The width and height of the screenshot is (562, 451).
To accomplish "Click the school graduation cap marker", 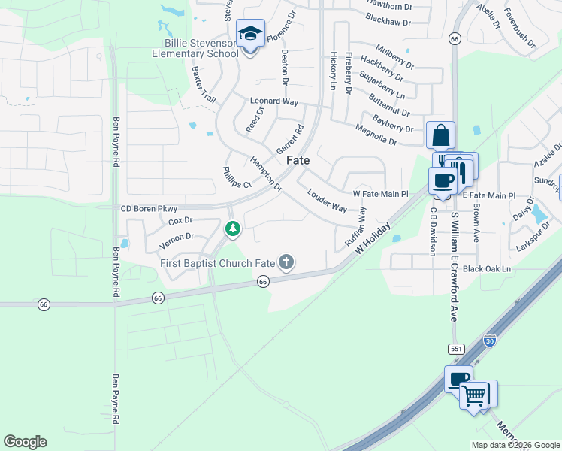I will [x=250, y=34].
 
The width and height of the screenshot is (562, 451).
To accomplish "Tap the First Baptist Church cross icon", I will [x=286, y=262].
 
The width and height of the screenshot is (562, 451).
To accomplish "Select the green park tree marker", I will [x=233, y=228].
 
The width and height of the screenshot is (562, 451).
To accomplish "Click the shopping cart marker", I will [x=473, y=395].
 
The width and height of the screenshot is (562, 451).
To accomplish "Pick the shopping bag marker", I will [x=440, y=136].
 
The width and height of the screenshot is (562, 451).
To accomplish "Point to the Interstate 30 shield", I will [x=490, y=341].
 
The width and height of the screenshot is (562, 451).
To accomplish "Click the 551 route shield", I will [x=455, y=350].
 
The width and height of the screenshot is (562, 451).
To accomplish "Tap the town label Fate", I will [x=298, y=161].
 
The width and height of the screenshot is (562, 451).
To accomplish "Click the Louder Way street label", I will [x=327, y=200].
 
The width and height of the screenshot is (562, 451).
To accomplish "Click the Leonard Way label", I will [x=274, y=101].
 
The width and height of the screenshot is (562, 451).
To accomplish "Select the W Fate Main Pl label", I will [x=380, y=194].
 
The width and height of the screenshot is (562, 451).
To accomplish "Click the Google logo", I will [x=25, y=442].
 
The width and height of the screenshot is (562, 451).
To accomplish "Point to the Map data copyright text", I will [x=515, y=444].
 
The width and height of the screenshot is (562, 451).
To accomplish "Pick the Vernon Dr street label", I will [x=177, y=236].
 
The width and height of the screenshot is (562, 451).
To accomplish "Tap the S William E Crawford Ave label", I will [x=454, y=267].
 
